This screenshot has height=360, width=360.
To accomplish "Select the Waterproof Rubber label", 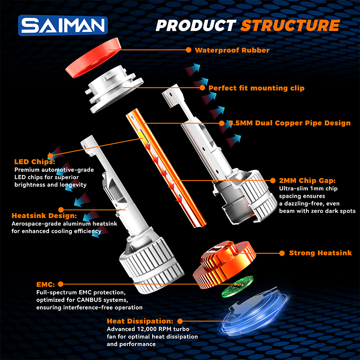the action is [232, 50].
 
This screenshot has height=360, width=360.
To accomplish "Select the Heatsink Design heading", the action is [39, 216].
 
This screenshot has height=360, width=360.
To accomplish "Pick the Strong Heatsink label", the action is [314, 253].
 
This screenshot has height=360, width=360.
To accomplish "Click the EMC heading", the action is [45, 284].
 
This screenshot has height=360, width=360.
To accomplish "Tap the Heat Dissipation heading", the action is [140, 321].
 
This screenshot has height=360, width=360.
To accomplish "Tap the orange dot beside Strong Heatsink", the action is [282, 253].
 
